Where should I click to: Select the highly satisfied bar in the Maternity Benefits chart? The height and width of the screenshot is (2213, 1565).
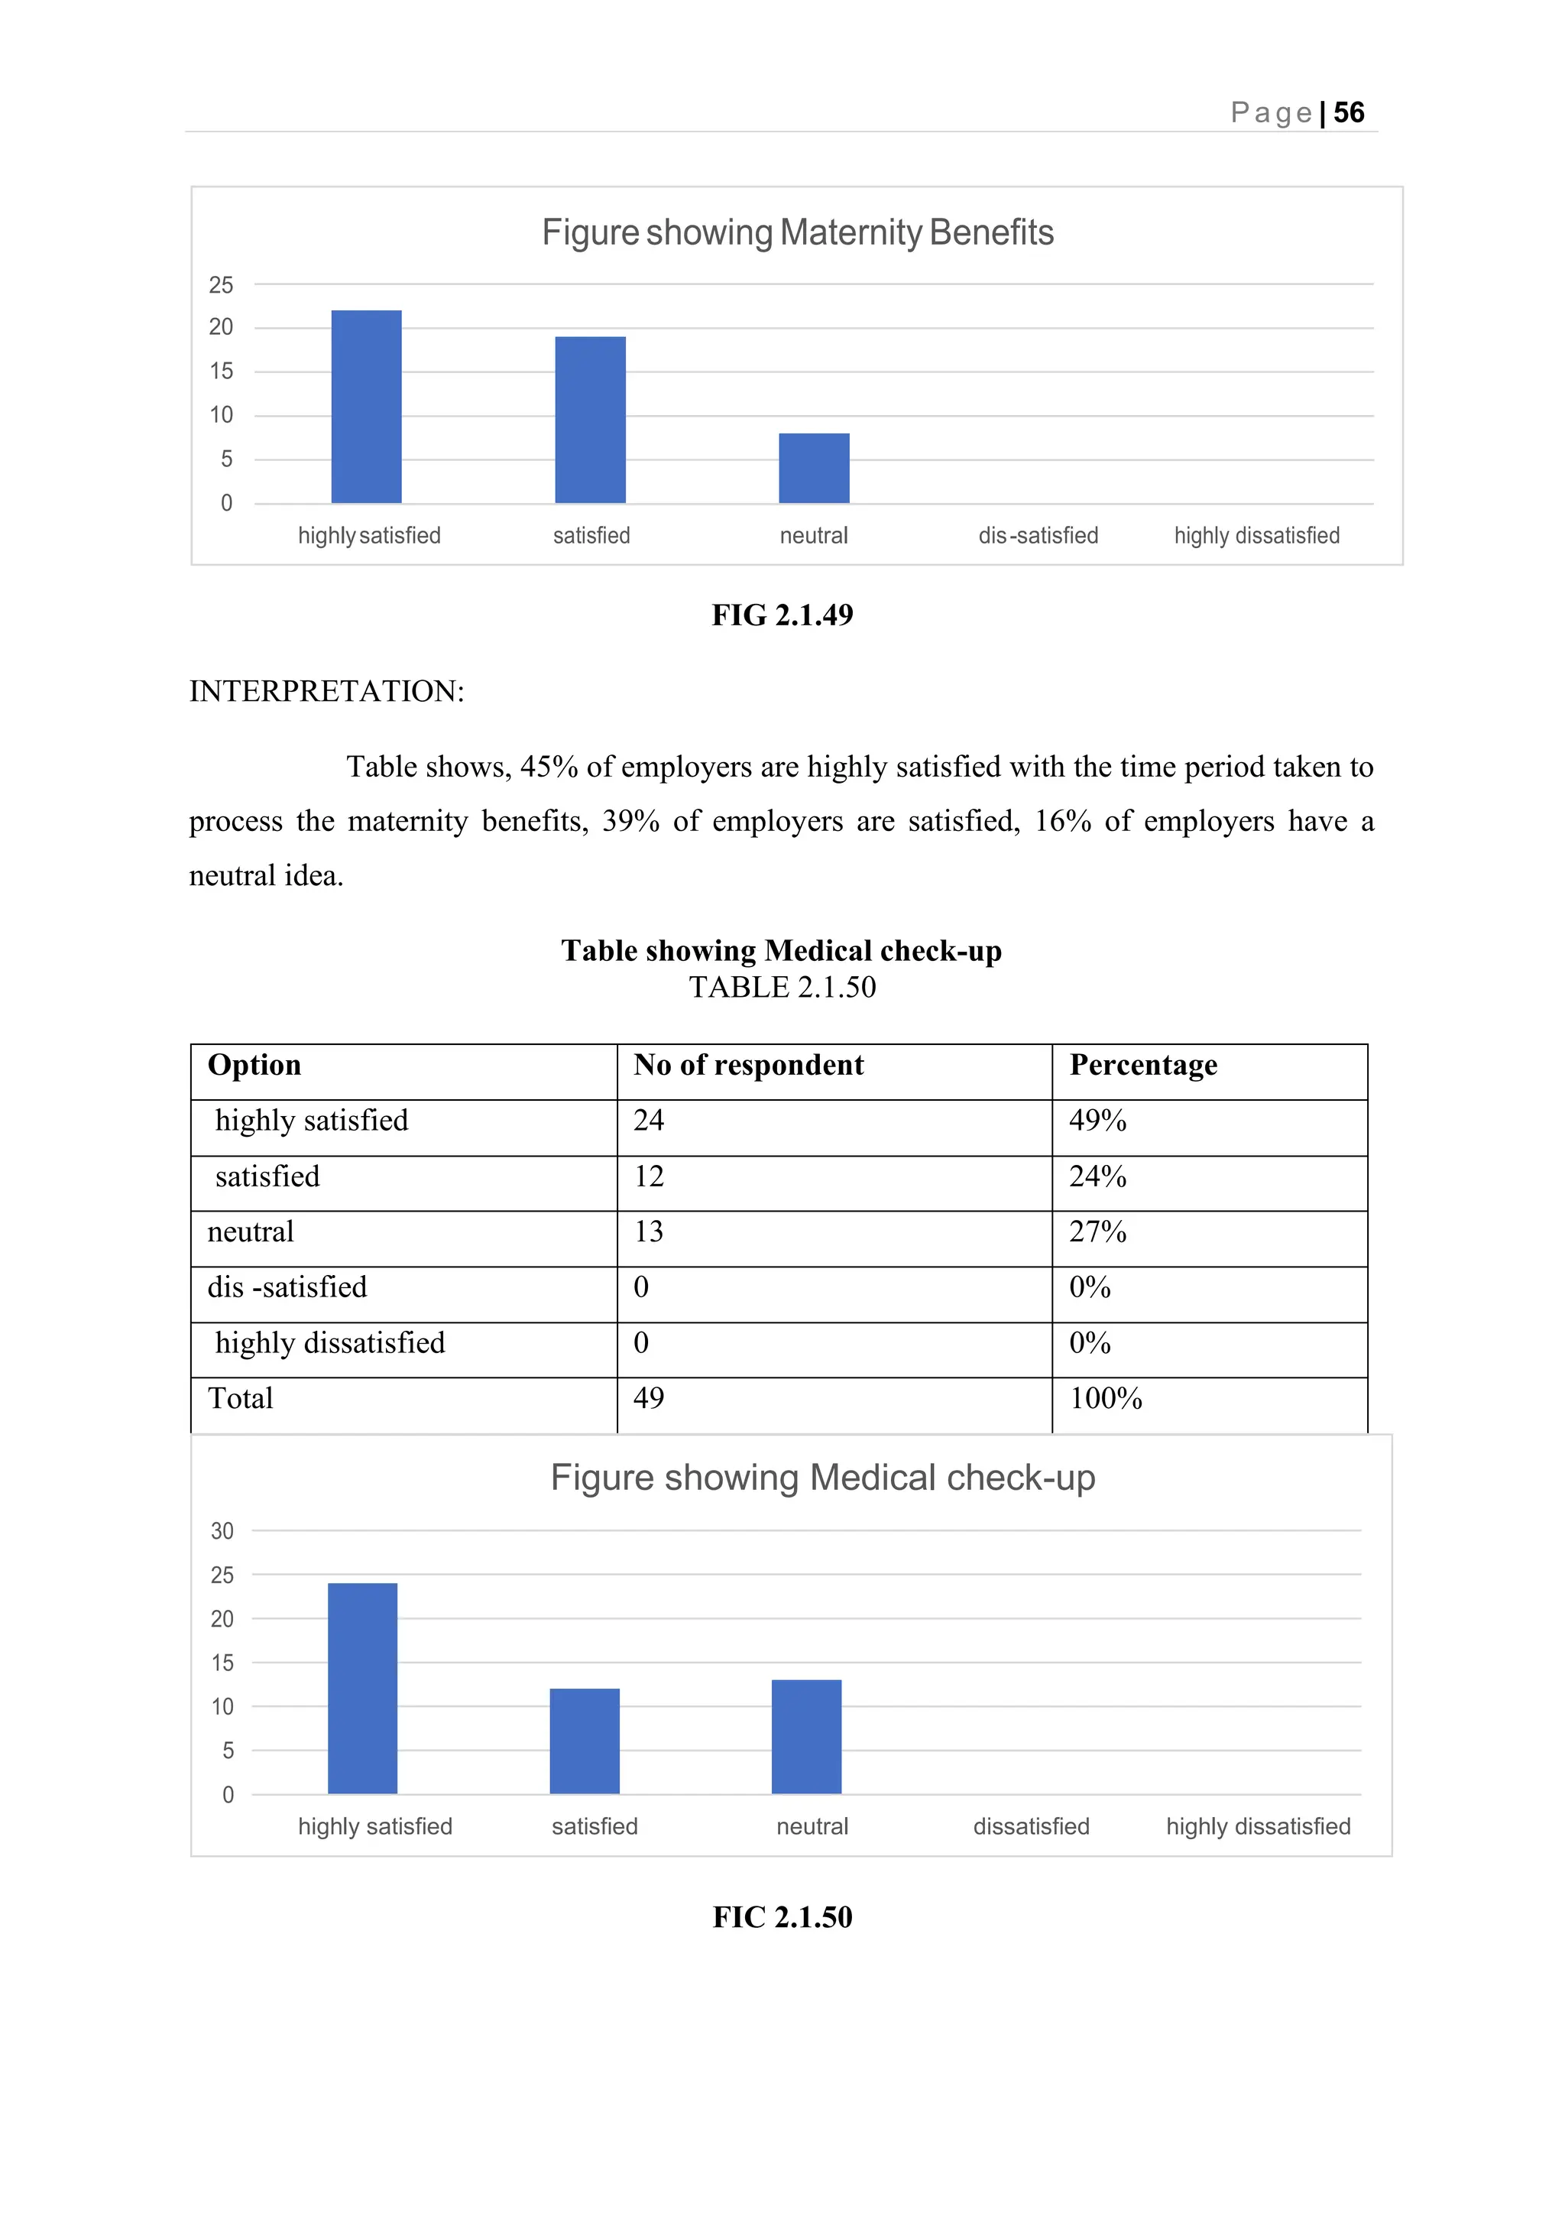tap(366, 407)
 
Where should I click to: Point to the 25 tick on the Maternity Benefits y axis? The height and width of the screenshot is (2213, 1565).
tap(221, 285)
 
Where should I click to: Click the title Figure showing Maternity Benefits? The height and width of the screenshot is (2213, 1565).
tap(797, 233)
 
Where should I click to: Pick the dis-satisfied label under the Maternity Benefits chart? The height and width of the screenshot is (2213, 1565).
tap(1038, 536)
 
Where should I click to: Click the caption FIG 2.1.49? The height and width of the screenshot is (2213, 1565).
tap(782, 615)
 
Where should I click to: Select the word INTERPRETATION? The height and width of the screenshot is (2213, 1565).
tap(326, 691)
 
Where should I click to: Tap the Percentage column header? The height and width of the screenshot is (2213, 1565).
tap(1143, 1065)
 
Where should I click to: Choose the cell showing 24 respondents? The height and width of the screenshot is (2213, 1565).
tap(649, 1120)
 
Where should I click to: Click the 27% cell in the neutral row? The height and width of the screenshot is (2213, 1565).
tap(1097, 1231)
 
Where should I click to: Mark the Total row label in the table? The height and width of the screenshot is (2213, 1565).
tap(241, 1399)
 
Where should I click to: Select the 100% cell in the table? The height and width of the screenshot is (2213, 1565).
tap(1105, 1399)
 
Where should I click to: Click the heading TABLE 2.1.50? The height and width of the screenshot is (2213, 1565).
tap(782, 987)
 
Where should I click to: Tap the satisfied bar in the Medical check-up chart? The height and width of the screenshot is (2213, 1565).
tap(584, 1741)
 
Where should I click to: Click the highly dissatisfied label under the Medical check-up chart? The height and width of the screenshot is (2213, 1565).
tap(1258, 1826)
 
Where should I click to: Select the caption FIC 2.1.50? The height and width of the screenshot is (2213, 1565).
tap(782, 1917)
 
